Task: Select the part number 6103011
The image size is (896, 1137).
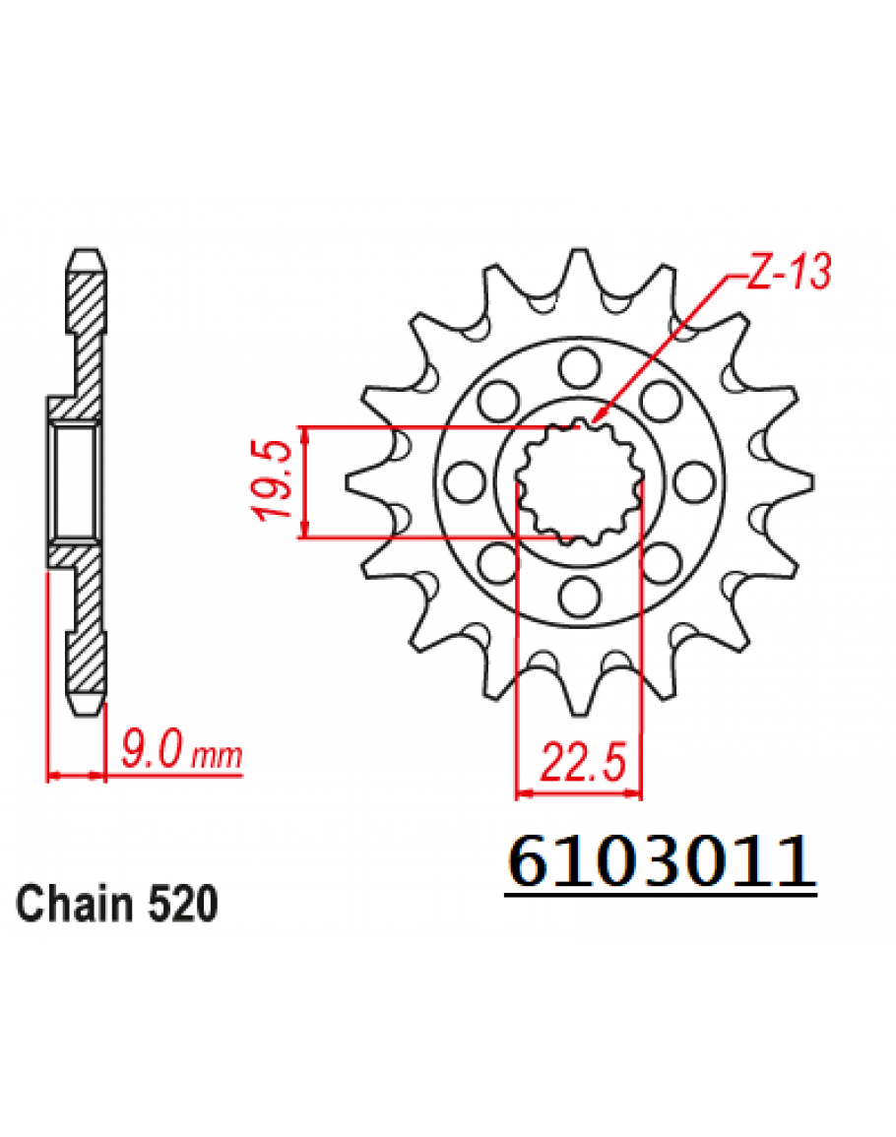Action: tap(661, 862)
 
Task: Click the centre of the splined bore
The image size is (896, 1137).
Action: tap(580, 482)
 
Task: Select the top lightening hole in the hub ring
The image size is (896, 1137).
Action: tap(580, 367)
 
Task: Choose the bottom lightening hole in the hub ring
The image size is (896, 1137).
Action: tap(580, 596)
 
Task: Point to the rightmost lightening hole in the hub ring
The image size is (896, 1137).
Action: tap(694, 481)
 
